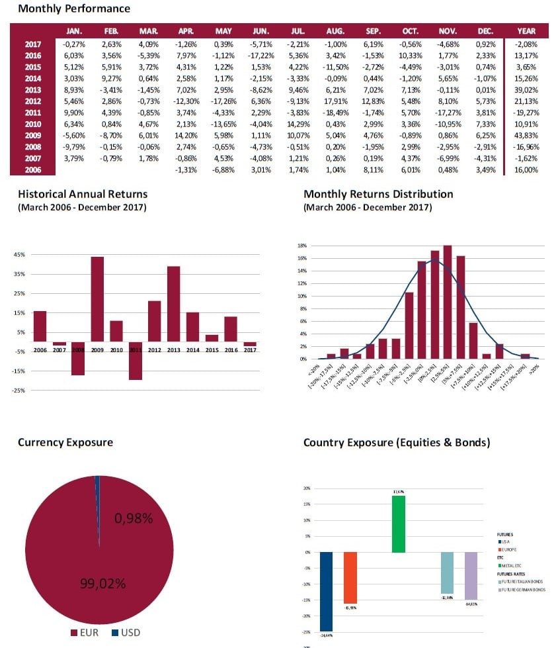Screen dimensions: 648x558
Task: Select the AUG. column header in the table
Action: [x=335, y=31]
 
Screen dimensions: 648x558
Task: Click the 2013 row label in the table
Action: [x=33, y=90]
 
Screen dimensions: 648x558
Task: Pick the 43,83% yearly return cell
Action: [x=526, y=135]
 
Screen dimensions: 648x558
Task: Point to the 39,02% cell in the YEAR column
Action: [x=526, y=90]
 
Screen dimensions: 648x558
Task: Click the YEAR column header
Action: [x=526, y=31]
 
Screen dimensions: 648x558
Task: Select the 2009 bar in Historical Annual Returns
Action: [x=97, y=299]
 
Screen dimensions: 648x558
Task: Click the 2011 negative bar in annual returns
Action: [x=136, y=361]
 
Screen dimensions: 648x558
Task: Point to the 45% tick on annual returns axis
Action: [x=19, y=254]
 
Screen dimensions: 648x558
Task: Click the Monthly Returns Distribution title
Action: [x=378, y=194]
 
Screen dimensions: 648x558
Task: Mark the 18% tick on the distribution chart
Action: [x=301, y=246]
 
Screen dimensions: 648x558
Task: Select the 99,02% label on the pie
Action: [x=102, y=583]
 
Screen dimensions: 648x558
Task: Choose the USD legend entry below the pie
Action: [x=126, y=633]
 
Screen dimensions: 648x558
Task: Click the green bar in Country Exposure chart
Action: [x=398, y=524]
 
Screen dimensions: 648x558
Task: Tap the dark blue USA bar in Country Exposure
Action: [x=327, y=592]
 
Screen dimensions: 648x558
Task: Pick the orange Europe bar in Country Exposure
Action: [x=350, y=577]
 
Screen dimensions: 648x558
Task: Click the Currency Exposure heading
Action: [x=65, y=442]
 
